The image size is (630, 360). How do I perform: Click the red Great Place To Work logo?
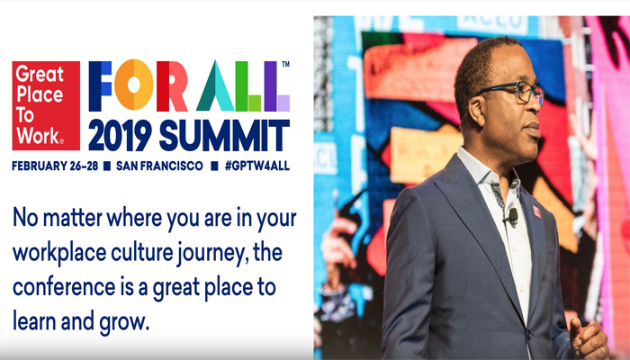[46, 105]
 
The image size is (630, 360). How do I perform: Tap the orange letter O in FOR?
[134, 85]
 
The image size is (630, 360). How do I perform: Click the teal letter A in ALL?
[215, 85]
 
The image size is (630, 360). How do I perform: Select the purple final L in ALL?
[276, 86]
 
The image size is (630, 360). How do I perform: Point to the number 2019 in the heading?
[120, 135]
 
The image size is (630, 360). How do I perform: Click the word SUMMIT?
[224, 135]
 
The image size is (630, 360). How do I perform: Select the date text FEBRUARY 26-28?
[55, 166]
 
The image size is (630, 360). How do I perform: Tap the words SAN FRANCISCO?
[159, 166]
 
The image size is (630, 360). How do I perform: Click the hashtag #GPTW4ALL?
[257, 166]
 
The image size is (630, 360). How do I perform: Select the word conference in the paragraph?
[64, 288]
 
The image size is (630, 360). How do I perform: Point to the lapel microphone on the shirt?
[512, 216]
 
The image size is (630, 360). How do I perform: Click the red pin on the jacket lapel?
[536, 211]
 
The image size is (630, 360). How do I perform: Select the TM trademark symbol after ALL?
[285, 64]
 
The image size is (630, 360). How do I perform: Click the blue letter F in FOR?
[100, 86]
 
